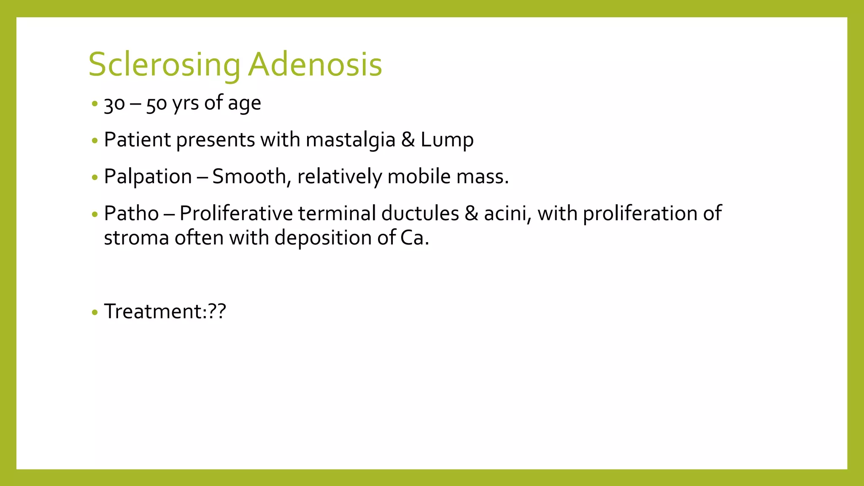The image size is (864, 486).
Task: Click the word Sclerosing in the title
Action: pos(164,65)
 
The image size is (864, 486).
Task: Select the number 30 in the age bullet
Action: pos(114,104)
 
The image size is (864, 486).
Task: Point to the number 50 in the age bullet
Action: pos(157,104)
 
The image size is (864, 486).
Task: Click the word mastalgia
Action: pos(351,140)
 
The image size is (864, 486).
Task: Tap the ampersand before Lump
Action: pos(408,140)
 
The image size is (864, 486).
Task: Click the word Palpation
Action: pos(148,177)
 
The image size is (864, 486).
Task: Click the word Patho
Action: pos(131,213)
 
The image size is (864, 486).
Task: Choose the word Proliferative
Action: pos(236,213)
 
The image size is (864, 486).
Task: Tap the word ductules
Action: pos(420,213)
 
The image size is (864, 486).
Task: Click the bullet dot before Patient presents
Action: pos(94,140)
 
